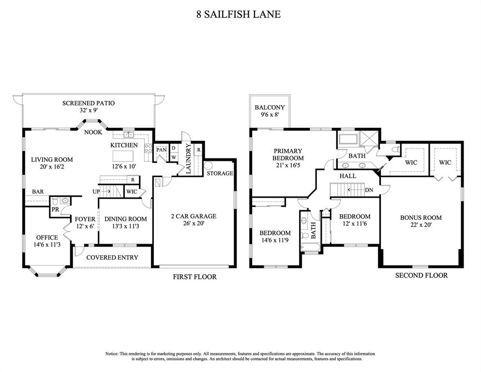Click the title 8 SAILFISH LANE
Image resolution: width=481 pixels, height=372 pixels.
pyautogui.click(x=238, y=14)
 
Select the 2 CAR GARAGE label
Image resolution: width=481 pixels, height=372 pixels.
pyautogui.click(x=193, y=216)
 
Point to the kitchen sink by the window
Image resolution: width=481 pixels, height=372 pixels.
pyautogui.click(x=128, y=135)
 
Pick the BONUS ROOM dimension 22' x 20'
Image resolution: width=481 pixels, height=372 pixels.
pyautogui.click(x=421, y=226)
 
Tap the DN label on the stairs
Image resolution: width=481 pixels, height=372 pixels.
pyautogui.click(x=369, y=190)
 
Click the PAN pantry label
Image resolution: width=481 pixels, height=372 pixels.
pyautogui.click(x=161, y=150)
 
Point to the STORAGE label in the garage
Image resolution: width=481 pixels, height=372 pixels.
pyautogui.click(x=220, y=173)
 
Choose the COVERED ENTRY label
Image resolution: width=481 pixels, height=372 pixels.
pyautogui.click(x=112, y=257)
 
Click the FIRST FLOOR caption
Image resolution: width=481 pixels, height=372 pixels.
pyautogui.click(x=195, y=277)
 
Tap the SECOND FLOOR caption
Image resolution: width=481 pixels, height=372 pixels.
pyautogui.click(x=421, y=275)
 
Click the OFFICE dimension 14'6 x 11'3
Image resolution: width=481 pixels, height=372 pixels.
pyautogui.click(x=47, y=245)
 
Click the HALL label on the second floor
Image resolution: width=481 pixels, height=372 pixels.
pyautogui.click(x=347, y=176)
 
